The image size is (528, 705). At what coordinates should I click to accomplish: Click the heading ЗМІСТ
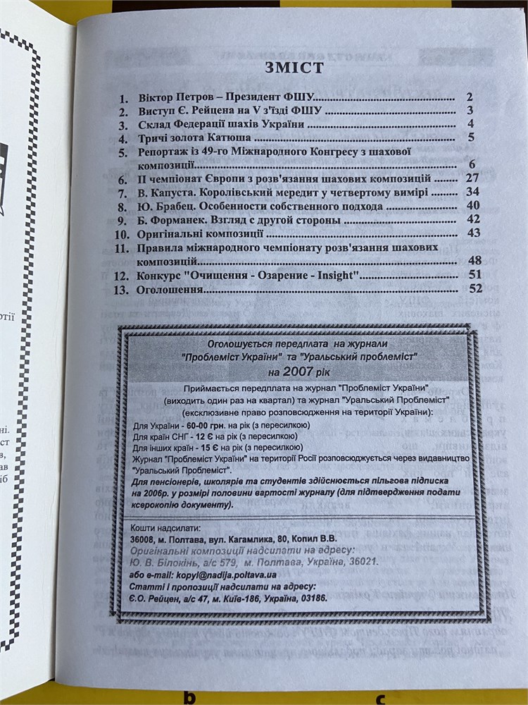[x=294, y=68]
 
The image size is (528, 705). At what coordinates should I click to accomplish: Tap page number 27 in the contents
[x=472, y=178]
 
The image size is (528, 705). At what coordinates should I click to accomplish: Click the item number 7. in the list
[x=123, y=193]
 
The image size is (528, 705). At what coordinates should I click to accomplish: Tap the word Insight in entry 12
[x=334, y=276]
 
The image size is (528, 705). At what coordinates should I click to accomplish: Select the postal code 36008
[x=144, y=539]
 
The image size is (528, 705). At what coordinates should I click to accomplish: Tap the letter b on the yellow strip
[x=188, y=697]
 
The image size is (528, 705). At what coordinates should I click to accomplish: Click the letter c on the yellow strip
[x=379, y=698]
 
